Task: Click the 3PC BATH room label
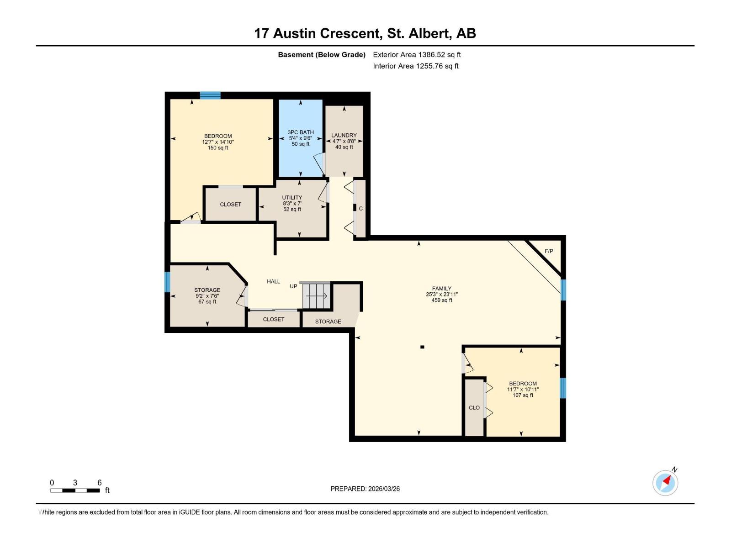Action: click(301, 132)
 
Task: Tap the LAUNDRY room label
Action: click(344, 135)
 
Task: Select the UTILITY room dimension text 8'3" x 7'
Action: click(292, 204)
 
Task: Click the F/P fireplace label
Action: click(549, 251)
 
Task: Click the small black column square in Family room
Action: click(422, 347)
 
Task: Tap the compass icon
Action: click(665, 483)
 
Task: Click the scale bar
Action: click(75, 490)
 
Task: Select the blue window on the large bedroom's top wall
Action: click(210, 95)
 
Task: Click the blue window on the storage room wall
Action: click(167, 282)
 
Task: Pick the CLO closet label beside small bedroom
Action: click(474, 407)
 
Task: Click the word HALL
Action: click(273, 281)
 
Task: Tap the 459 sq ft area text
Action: click(442, 300)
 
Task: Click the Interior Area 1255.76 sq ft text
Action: click(415, 66)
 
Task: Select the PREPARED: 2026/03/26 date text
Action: click(365, 489)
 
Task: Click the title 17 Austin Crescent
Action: click(317, 33)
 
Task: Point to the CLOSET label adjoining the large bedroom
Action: click(230, 204)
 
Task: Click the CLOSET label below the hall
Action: click(273, 319)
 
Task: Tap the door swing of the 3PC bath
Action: click(318, 163)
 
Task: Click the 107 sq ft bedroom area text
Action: click(523, 395)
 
